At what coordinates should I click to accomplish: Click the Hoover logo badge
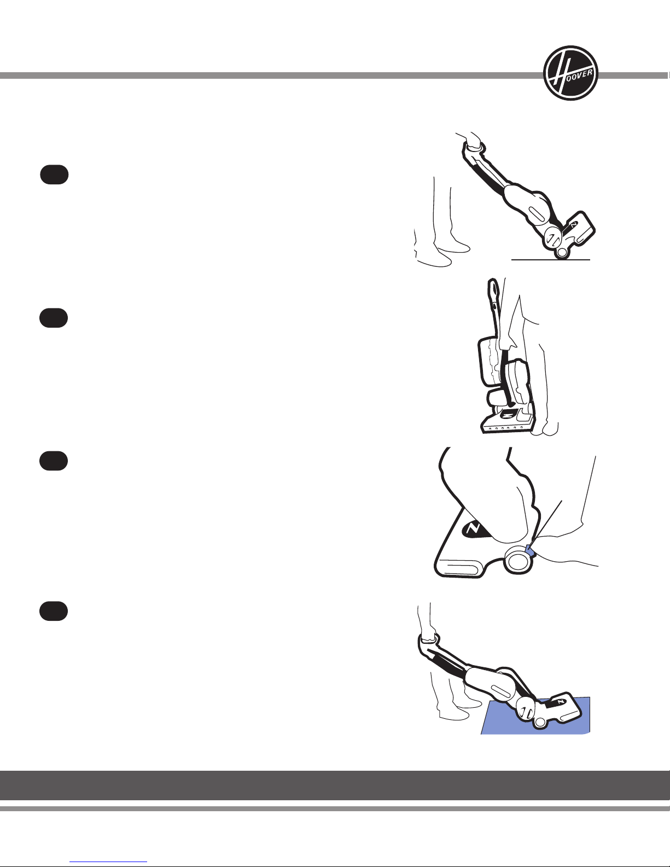[570, 73]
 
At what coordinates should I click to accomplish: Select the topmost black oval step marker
[54, 174]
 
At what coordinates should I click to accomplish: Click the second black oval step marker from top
[54, 318]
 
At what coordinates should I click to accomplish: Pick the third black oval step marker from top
[54, 461]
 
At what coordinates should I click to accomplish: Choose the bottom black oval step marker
[54, 611]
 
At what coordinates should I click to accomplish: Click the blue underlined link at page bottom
[108, 861]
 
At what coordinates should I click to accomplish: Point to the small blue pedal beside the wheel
[531, 551]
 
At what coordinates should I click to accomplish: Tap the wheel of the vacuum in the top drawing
[562, 253]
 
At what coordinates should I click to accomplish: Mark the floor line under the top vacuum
[550, 259]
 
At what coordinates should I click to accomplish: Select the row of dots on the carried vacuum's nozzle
[503, 428]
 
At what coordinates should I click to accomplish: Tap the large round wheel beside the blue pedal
[518, 561]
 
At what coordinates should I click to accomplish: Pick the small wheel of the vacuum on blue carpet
[540, 721]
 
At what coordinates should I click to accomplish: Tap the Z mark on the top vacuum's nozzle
[573, 225]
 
